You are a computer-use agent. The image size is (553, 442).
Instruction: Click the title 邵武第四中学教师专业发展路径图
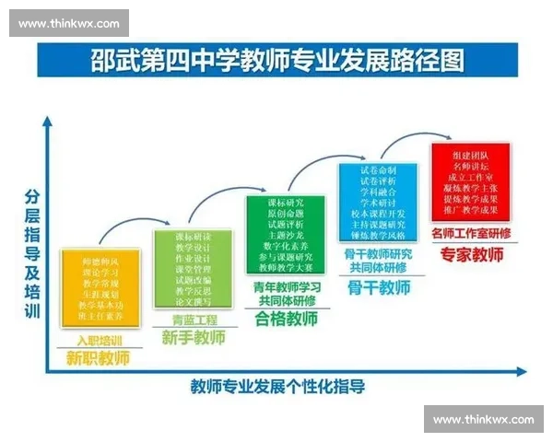pos(276,62)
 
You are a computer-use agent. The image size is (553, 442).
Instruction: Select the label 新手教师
pos(194,338)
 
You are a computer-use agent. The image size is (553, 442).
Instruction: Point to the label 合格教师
pos(286,320)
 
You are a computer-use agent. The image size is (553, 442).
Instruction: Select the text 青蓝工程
pos(194,320)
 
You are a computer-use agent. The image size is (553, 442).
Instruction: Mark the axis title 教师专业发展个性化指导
pos(277,387)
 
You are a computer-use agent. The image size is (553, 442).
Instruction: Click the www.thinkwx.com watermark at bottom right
pos(483,420)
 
